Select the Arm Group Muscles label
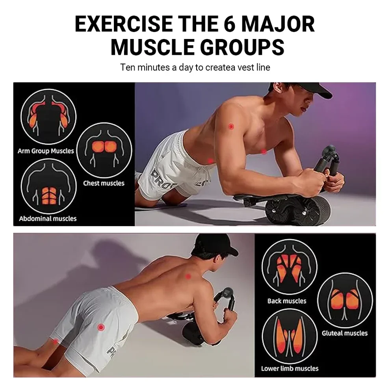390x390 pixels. (46, 151)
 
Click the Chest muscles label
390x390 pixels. (104, 183)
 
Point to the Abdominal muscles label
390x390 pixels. (48, 219)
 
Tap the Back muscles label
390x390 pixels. (287, 301)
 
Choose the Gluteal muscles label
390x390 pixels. (344, 333)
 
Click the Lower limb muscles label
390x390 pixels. (290, 368)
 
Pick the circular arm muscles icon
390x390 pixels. (48, 116)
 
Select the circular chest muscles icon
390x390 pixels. (104, 150)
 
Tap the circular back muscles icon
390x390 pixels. (290, 267)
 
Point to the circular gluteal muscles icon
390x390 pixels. (345, 301)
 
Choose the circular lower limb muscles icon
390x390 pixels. (290, 336)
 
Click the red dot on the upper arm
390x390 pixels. (231, 126)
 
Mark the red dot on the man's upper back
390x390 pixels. (188, 276)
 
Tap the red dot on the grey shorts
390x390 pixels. (101, 327)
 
